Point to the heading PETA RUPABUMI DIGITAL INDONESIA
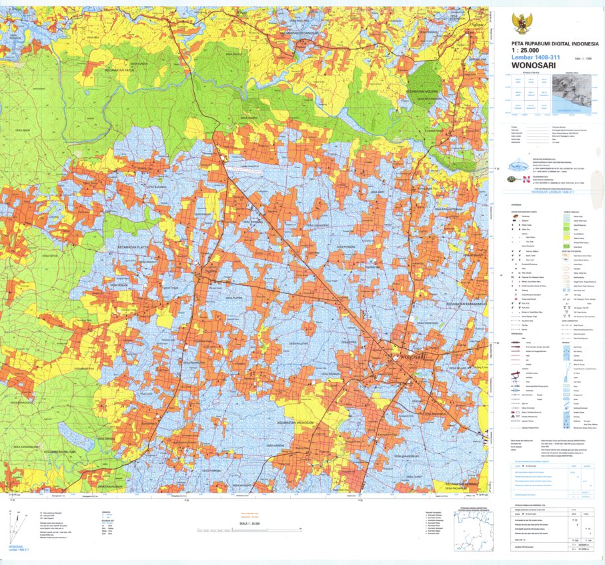pyautogui.click(x=546, y=43)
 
